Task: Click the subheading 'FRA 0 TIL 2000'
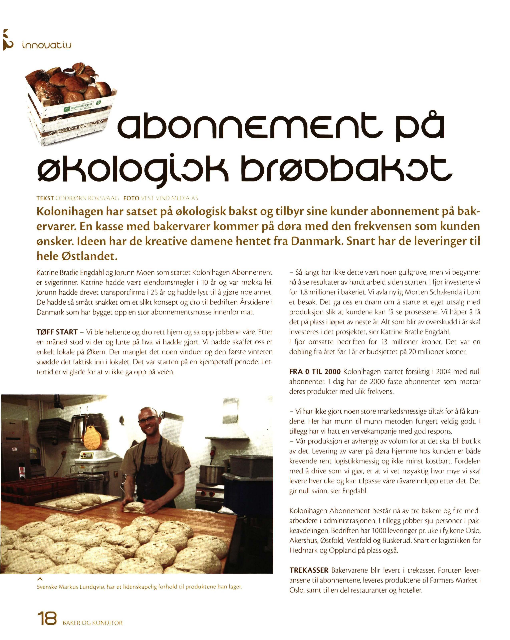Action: (315, 372)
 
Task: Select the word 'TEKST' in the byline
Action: (45, 198)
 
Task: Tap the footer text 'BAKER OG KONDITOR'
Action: (92, 623)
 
